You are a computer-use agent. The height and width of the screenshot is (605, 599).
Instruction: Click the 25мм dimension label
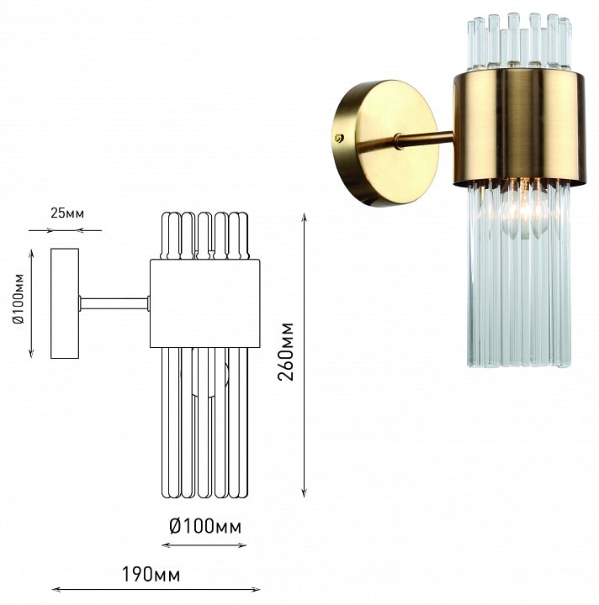tap(67, 213)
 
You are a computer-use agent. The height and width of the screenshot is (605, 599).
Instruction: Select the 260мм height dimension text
tap(286, 351)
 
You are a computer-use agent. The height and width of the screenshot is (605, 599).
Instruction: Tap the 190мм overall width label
tap(151, 575)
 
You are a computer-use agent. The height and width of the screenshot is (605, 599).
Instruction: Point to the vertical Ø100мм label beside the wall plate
tap(19, 298)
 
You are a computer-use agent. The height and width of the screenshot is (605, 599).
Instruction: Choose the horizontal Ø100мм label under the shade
tap(205, 526)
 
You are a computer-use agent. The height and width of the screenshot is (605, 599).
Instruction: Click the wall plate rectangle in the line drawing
tap(65, 303)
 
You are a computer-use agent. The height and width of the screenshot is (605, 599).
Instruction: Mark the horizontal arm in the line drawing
tap(114, 303)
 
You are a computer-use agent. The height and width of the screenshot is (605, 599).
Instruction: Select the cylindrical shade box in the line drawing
tap(205, 303)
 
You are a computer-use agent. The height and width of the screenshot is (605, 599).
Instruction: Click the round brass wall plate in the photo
tap(385, 143)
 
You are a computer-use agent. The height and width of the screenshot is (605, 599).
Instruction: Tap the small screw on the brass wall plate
tap(339, 138)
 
